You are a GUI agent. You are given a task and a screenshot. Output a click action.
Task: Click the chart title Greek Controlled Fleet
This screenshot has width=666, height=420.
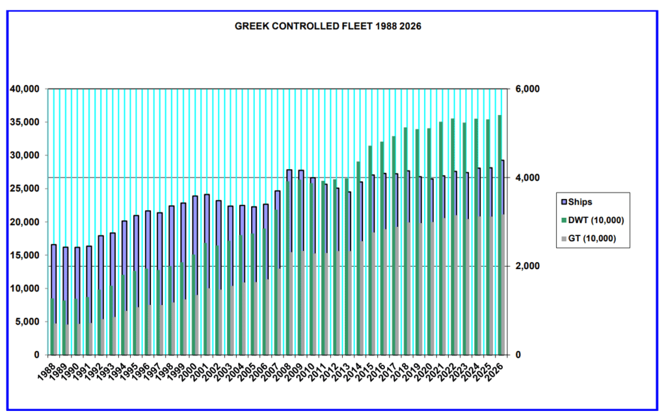click(x=332, y=27)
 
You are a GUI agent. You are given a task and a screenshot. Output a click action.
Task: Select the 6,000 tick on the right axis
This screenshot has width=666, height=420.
click(x=526, y=88)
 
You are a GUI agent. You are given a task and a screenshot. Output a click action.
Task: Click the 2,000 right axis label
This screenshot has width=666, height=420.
click(x=526, y=267)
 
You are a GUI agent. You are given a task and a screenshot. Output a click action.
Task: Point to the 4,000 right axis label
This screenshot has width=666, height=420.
click(x=526, y=177)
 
